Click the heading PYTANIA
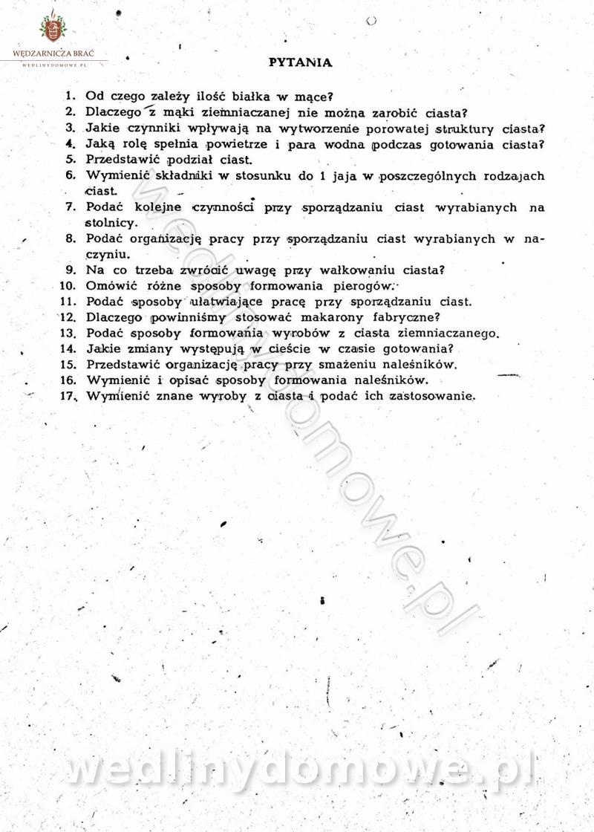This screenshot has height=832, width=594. click(x=300, y=62)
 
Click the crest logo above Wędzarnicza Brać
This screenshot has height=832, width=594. click(x=52, y=28)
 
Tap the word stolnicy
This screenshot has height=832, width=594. click(x=109, y=223)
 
